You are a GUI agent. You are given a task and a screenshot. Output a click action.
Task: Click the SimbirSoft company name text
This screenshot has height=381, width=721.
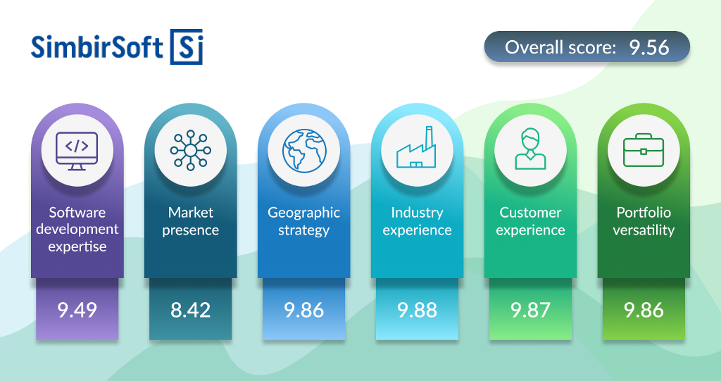pyautogui.click(x=97, y=47)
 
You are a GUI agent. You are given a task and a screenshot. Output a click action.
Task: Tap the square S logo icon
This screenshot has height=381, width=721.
pyautogui.click(x=186, y=47)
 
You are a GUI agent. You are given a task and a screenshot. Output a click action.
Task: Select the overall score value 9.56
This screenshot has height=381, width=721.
pyautogui.click(x=648, y=47)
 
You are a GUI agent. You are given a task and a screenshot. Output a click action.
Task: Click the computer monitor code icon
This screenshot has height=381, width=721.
pyautogui.click(x=77, y=151)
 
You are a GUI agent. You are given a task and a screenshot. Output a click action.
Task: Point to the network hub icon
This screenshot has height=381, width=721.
pyautogui.click(x=190, y=151)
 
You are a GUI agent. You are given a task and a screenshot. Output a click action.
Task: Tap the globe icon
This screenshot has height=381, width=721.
pyautogui.click(x=304, y=151)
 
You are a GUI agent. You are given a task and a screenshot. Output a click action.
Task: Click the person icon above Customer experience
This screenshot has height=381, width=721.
pyautogui.click(x=530, y=149)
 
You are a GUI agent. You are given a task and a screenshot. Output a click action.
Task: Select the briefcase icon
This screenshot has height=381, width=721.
pyautogui.click(x=644, y=150)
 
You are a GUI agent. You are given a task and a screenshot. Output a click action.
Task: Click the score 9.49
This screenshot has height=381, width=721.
pyautogui.click(x=77, y=310)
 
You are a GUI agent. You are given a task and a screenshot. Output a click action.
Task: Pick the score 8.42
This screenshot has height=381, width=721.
pyautogui.click(x=190, y=310)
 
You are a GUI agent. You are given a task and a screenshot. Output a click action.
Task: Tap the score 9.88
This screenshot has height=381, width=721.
pyautogui.click(x=417, y=310)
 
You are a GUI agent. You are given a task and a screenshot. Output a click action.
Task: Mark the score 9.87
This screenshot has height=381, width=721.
pyautogui.click(x=530, y=310)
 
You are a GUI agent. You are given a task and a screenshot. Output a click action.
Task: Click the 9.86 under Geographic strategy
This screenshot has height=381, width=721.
pyautogui.click(x=304, y=310)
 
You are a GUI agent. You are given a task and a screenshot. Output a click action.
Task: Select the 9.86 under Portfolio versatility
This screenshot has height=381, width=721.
pyautogui.click(x=644, y=310)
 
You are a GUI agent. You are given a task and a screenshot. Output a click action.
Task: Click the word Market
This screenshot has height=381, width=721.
pyautogui.click(x=190, y=212)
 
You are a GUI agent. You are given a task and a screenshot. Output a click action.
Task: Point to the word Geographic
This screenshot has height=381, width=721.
pyautogui.click(x=304, y=213)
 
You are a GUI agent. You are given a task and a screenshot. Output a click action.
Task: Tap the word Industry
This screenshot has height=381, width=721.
pyautogui.click(x=417, y=213)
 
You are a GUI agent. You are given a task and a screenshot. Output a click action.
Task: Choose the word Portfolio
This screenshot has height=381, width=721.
pyautogui.click(x=644, y=212)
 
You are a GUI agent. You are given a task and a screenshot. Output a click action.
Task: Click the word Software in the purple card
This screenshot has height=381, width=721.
pyautogui.click(x=77, y=212)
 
